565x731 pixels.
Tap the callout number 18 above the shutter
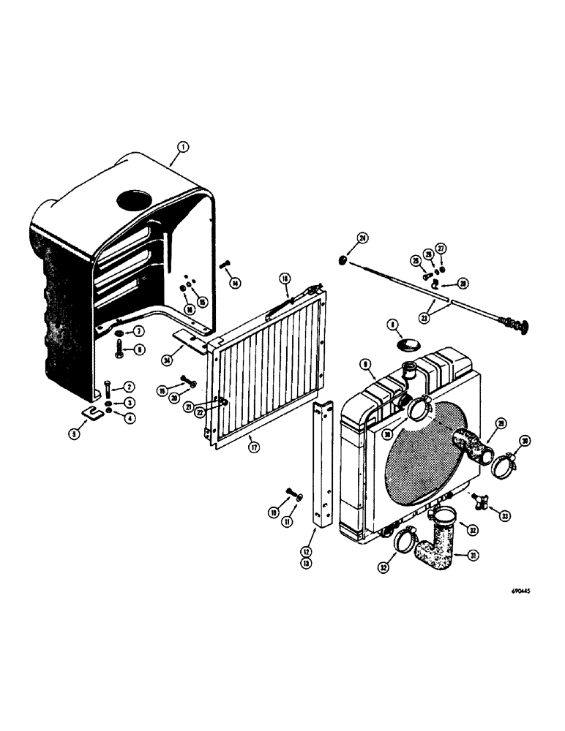click(x=285, y=279)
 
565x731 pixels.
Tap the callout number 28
click(x=463, y=283)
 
